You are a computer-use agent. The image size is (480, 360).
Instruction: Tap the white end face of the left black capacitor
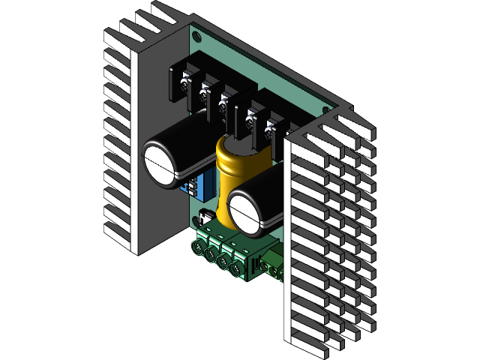point(160,163)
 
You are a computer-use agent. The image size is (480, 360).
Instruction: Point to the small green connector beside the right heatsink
point(270,266)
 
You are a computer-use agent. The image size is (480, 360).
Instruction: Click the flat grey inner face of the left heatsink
point(157,217)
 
